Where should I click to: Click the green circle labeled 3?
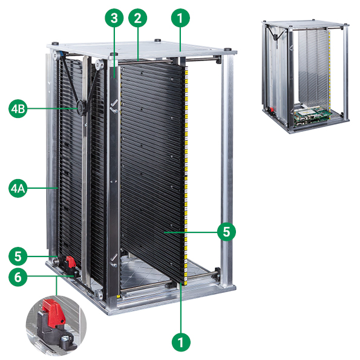[x=114, y=18]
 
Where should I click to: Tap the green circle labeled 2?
[x=137, y=18]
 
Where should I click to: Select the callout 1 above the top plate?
[x=180, y=18]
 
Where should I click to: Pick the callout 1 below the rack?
[x=181, y=342]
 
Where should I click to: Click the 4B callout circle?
[x=18, y=108]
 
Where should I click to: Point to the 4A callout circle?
[x=18, y=189]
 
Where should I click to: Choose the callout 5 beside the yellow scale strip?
[x=226, y=231]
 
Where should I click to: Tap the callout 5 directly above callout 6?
[x=18, y=256]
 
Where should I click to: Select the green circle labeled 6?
[x=18, y=277]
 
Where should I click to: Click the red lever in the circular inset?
[x=53, y=313]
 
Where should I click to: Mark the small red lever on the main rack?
[x=70, y=262]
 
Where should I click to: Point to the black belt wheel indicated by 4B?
[x=81, y=107]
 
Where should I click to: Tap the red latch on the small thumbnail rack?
[x=272, y=110]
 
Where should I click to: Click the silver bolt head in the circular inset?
[x=65, y=338]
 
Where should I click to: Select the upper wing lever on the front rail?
[x=114, y=106]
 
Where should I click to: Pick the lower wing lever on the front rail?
[x=114, y=261]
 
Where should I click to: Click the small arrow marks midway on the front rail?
[x=114, y=182]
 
